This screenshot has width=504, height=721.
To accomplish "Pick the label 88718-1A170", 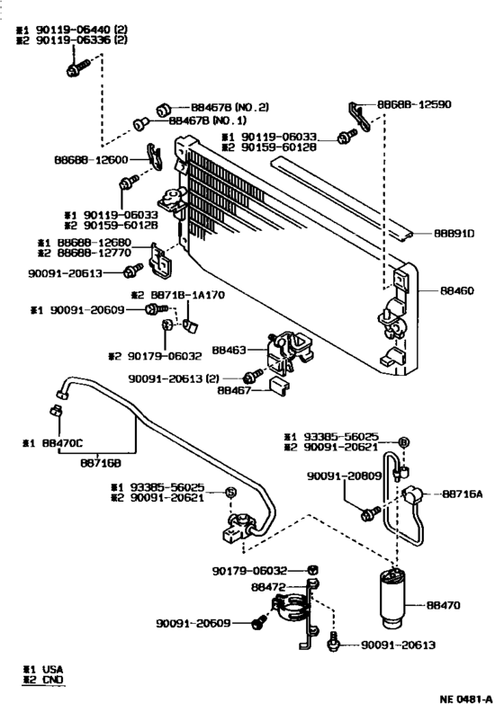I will (x=186, y=295).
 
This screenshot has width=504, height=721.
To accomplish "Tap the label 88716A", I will (x=463, y=494).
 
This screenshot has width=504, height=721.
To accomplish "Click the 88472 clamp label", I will (x=268, y=586).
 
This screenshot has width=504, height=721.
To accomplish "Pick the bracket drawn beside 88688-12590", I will (x=356, y=112).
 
